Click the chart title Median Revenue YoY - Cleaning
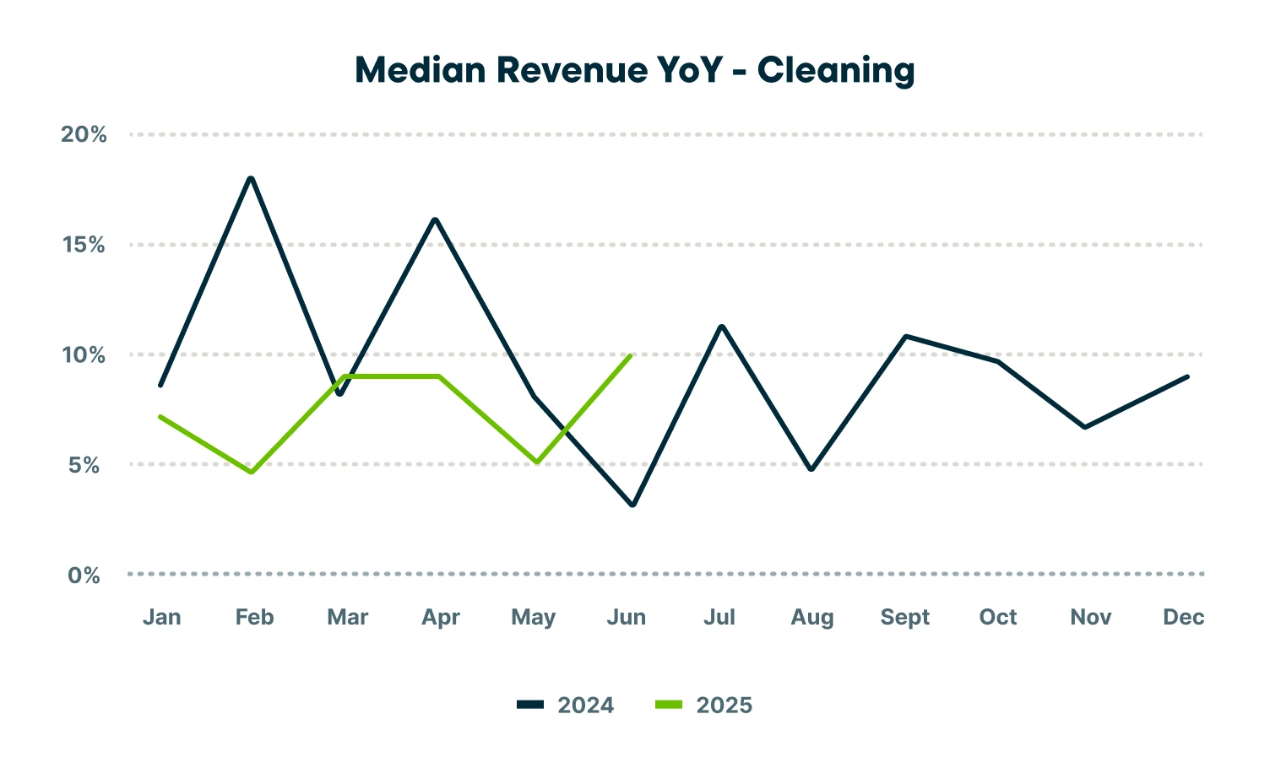point(634,70)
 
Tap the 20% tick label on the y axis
point(84,134)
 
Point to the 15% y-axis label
point(84,245)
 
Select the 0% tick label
point(84,576)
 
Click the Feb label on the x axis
point(254,617)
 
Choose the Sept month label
point(904,617)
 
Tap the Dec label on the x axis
point(1183,617)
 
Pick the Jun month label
point(626,617)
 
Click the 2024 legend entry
point(566,706)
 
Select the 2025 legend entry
point(704,706)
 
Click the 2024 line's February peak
point(251,178)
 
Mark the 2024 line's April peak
point(435,219)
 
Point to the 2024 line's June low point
point(632,505)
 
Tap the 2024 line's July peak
point(721,326)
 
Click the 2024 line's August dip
point(811,469)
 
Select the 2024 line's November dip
point(1084,427)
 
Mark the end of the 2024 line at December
point(1187,376)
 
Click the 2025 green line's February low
point(252,472)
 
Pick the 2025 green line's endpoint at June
point(630,356)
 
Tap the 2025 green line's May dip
point(537,462)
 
